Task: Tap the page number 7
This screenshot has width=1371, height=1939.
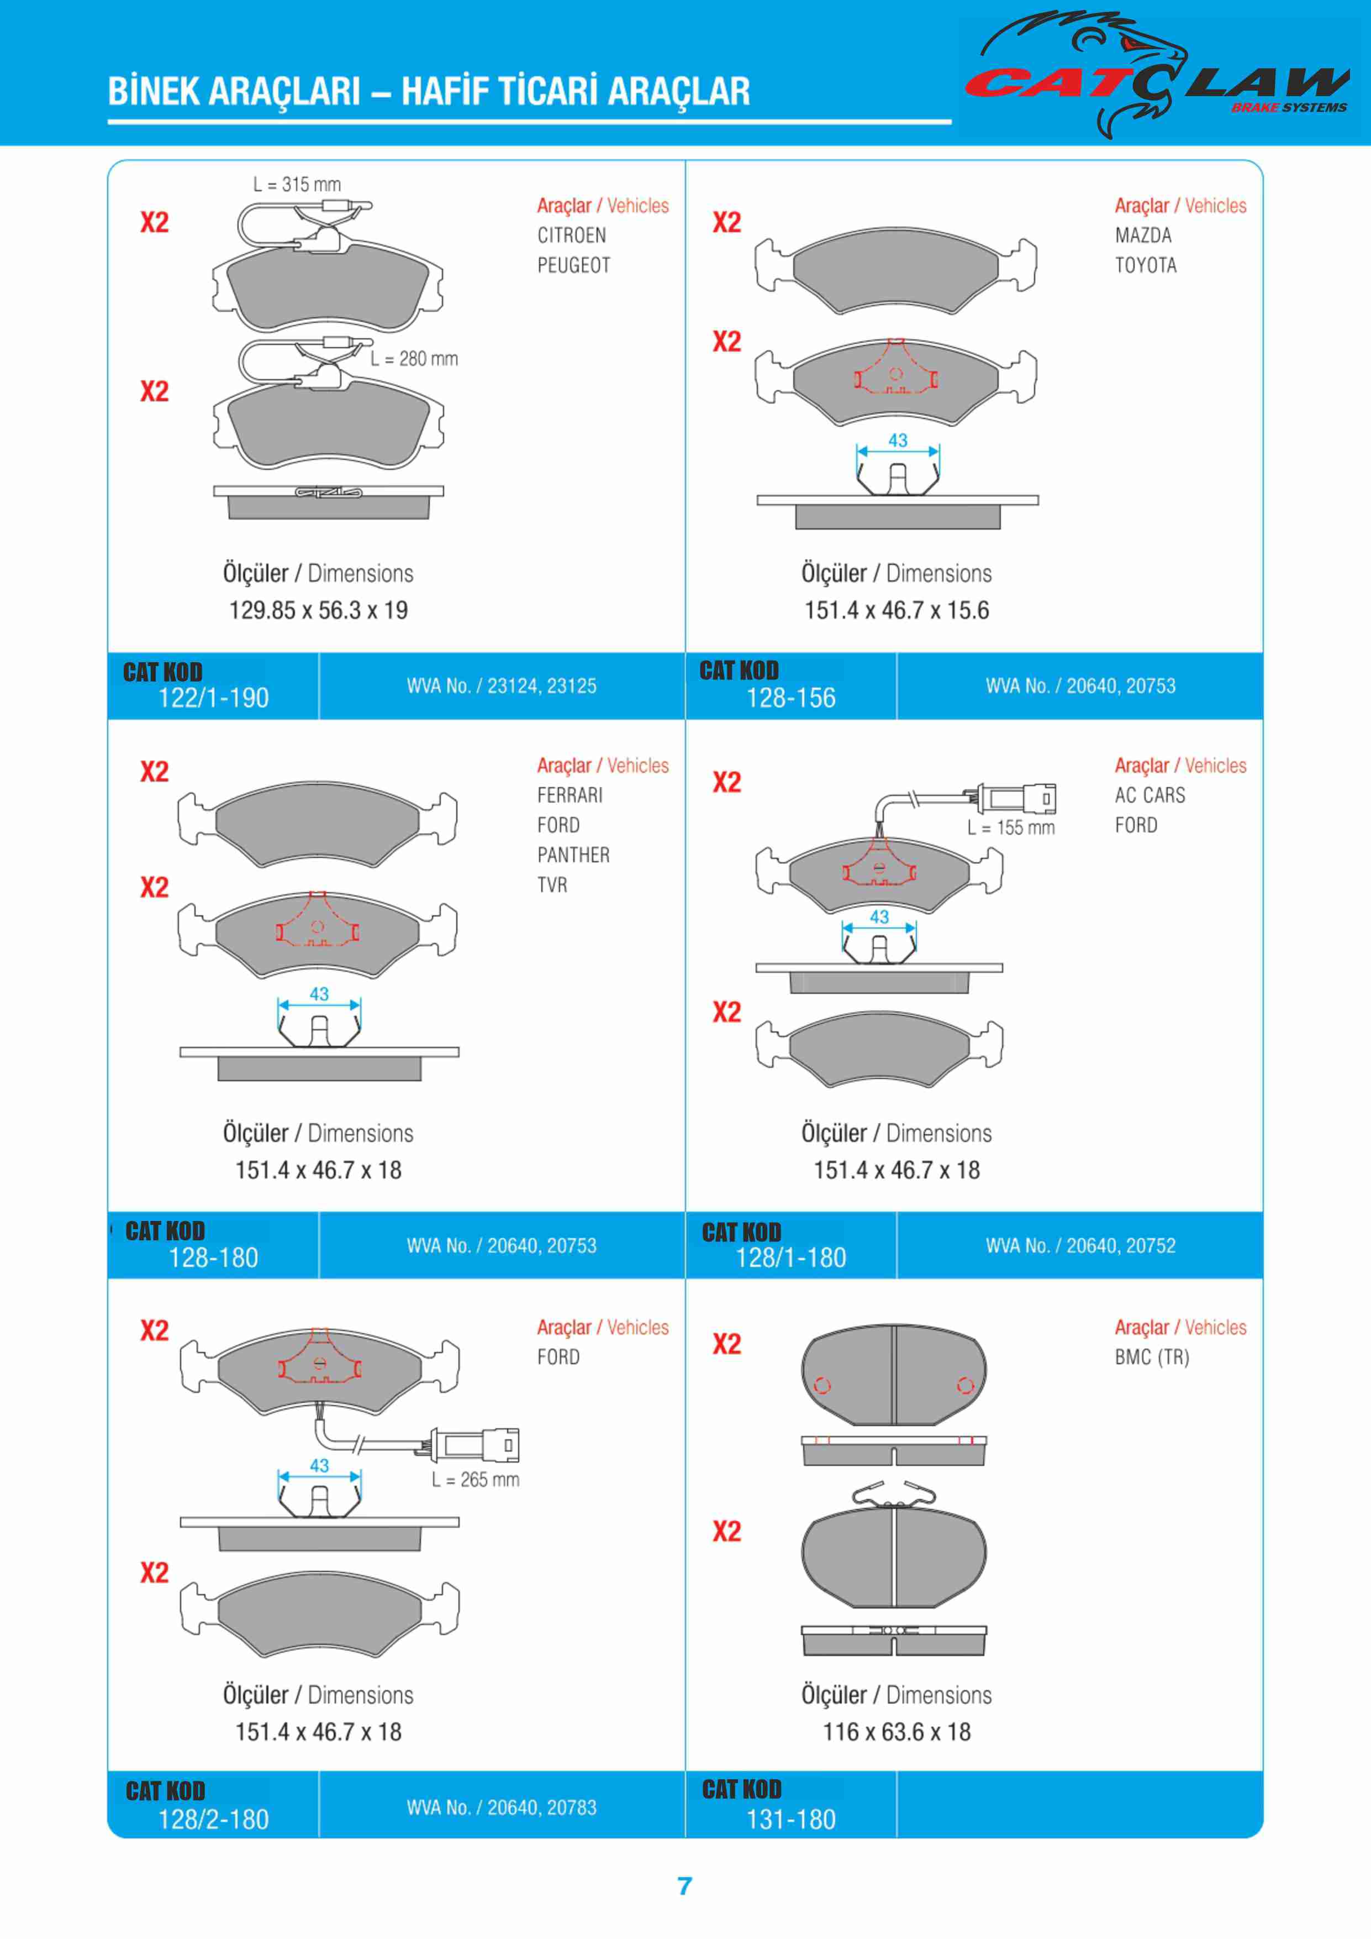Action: [x=684, y=1886]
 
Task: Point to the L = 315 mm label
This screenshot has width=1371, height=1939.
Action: [x=297, y=184]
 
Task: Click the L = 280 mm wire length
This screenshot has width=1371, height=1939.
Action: [x=414, y=359]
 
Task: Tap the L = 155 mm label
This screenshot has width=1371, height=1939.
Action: [x=1011, y=827]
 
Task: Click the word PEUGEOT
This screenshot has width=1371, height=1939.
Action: [x=574, y=265]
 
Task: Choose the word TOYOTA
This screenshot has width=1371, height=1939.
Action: [x=1146, y=265]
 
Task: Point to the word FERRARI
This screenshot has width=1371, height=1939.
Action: [x=570, y=795]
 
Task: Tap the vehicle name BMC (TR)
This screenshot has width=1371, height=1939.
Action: [x=1152, y=1357]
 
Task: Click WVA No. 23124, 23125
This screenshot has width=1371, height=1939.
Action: [x=502, y=686]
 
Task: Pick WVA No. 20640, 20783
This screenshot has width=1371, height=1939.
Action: [x=502, y=1807]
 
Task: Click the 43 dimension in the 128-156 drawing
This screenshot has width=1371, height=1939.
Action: [x=898, y=440]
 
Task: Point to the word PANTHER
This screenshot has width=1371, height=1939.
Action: [x=573, y=856]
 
